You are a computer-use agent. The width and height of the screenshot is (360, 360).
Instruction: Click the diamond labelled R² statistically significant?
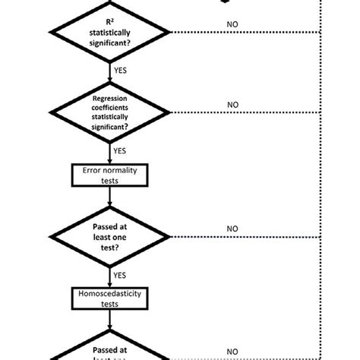click(110, 33)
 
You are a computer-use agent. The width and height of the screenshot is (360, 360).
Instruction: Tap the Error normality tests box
click(110, 175)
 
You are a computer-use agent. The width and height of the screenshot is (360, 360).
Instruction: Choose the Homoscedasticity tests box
click(110, 298)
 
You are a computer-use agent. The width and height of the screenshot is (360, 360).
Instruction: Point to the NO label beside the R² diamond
click(232, 24)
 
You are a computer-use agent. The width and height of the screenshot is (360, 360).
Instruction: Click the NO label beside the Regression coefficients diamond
click(232, 105)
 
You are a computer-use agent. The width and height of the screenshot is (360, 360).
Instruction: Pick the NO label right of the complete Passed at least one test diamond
click(232, 229)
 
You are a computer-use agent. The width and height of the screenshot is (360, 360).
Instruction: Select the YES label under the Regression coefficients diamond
click(120, 150)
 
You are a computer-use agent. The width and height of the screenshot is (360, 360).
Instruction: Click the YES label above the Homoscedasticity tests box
click(120, 275)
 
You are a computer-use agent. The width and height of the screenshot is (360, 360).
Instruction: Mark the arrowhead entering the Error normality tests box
click(110, 161)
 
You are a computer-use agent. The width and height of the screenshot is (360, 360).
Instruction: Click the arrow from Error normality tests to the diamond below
click(110, 197)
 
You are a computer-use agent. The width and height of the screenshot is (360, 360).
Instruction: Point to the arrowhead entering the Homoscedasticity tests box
click(110, 284)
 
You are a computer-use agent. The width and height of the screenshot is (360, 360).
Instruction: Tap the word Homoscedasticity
click(110, 293)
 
